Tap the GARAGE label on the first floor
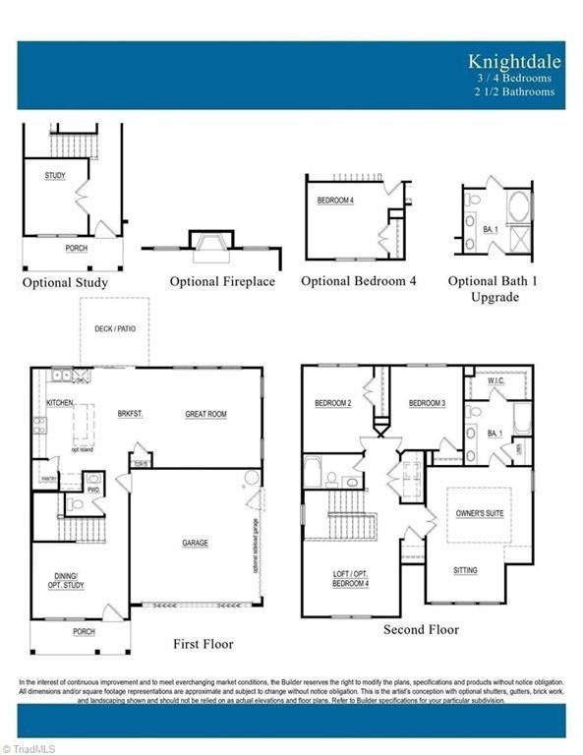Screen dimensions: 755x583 point(195,542)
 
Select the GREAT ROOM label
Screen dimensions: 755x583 point(205,414)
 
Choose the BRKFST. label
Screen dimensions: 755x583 point(129,414)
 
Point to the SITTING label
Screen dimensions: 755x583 point(465,570)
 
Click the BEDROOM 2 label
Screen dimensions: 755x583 point(333,403)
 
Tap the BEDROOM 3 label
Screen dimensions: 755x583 point(428,403)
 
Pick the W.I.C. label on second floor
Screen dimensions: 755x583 point(496,379)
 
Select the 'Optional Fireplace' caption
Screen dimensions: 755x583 point(222,281)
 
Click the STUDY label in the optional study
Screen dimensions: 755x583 point(55,175)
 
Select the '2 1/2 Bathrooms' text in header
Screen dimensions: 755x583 point(513,91)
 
